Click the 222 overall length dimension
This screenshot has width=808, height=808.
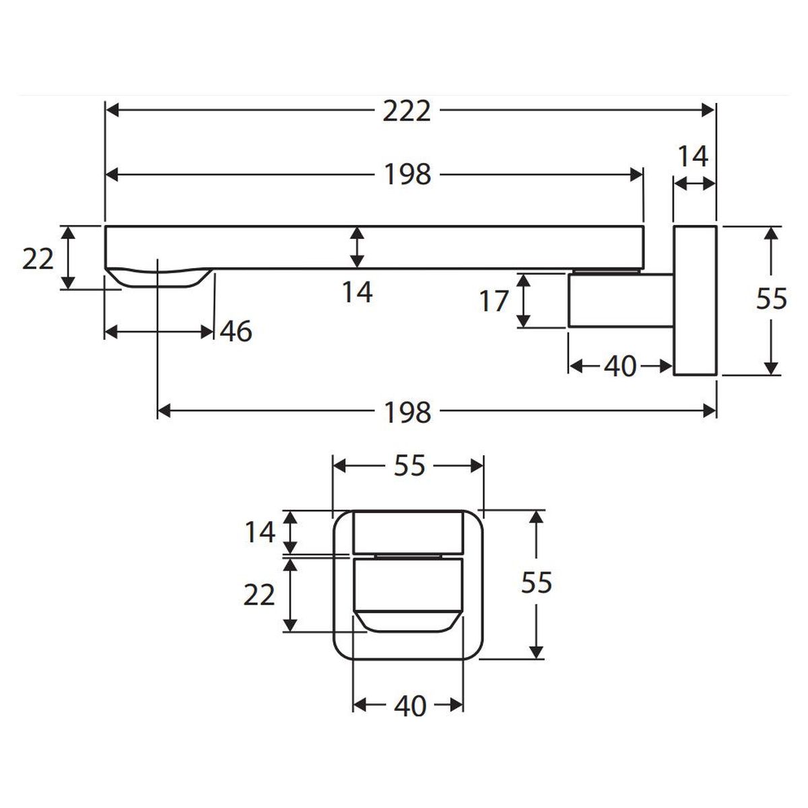pyautogui.click(x=406, y=111)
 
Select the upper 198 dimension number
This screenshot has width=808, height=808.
pyautogui.click(x=407, y=175)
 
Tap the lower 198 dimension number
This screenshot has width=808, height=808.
pyautogui.click(x=407, y=412)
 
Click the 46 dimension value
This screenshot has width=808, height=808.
pyautogui.click(x=236, y=331)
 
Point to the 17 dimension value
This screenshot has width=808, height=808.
pyautogui.click(x=494, y=300)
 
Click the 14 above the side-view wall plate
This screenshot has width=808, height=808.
pyautogui.click(x=693, y=156)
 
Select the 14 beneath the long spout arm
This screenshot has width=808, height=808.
pyautogui.click(x=358, y=292)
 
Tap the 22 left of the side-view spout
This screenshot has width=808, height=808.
pyautogui.click(x=38, y=259)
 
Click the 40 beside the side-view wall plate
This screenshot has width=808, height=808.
pyautogui.click(x=619, y=366)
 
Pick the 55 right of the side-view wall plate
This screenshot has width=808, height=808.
pyautogui.click(x=771, y=299)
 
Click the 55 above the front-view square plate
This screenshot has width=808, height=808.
pyautogui.click(x=409, y=465)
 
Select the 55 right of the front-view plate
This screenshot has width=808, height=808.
pyautogui.click(x=536, y=582)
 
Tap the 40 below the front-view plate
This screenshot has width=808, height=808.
pyautogui.click(x=410, y=706)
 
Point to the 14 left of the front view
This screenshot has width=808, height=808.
pyautogui.click(x=260, y=532)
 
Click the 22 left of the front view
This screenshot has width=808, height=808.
pyautogui.click(x=259, y=595)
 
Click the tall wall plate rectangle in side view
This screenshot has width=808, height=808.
pyautogui.click(x=695, y=300)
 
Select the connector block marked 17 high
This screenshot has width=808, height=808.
pyautogui.click(x=621, y=300)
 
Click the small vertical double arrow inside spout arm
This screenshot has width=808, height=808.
pyautogui.click(x=356, y=247)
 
